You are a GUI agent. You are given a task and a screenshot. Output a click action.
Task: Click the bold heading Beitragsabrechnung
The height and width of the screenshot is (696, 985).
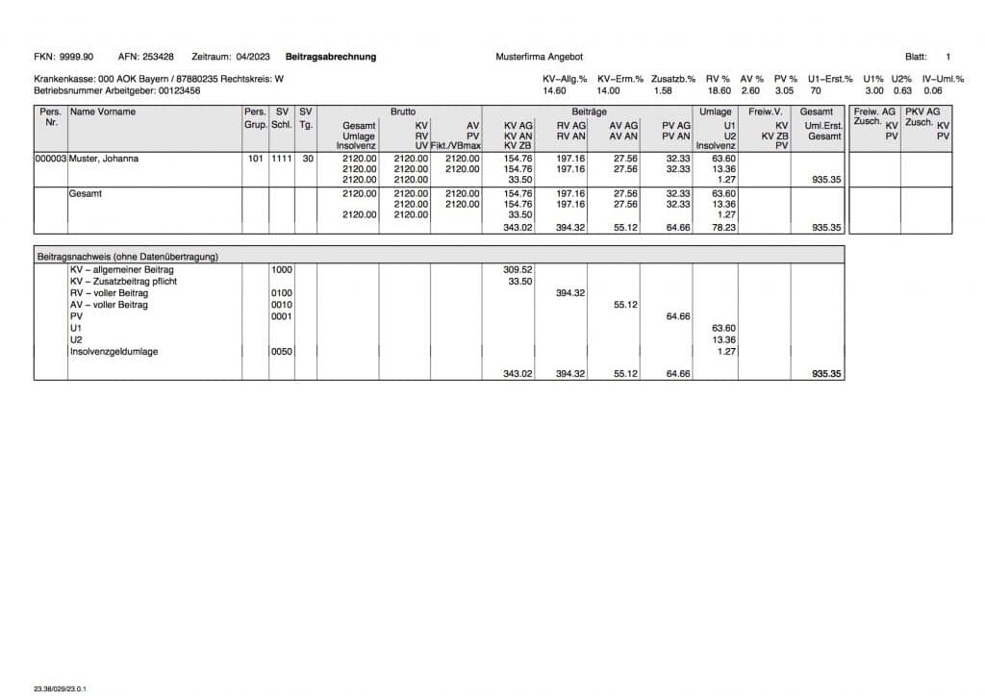(x=331, y=57)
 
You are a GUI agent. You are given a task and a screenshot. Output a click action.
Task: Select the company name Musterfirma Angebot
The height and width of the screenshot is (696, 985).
(x=540, y=57)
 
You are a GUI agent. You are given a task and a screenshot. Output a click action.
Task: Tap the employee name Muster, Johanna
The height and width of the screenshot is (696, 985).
(x=104, y=159)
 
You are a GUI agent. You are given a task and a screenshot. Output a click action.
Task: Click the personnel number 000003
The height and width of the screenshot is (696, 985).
(x=51, y=159)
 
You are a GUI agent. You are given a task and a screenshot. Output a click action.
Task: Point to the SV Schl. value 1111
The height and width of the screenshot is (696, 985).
(x=282, y=159)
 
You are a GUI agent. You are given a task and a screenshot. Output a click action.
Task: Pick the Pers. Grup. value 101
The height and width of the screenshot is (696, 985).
(x=255, y=159)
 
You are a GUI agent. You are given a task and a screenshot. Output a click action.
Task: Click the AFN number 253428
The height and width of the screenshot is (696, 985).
(x=158, y=57)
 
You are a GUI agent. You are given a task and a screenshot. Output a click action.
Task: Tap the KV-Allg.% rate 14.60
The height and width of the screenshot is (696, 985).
(x=555, y=90)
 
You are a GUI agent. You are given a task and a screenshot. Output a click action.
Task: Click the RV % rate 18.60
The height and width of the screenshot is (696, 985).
(x=719, y=90)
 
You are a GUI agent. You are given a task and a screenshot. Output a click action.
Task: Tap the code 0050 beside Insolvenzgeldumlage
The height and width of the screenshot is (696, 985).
(x=282, y=352)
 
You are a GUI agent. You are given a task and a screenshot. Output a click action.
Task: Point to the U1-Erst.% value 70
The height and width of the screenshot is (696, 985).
(x=816, y=90)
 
